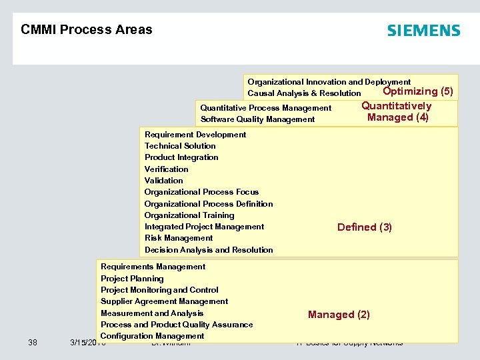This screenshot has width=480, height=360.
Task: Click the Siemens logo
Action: tap(423, 31)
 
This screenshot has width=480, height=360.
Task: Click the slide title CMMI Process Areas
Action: tap(86, 29)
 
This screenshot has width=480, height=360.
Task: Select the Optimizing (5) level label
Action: tap(418, 91)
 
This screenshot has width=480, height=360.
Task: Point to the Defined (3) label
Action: tap(364, 227)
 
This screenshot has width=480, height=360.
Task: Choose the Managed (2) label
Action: tap(339, 315)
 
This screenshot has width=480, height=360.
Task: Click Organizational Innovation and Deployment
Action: tap(329, 82)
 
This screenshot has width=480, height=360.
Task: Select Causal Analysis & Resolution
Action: tap(303, 93)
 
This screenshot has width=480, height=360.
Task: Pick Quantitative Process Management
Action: tap(265, 108)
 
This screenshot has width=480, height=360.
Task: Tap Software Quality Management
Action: tap(257, 119)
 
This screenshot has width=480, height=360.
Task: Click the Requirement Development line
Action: tap(195, 135)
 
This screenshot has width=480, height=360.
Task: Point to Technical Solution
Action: tap(180, 146)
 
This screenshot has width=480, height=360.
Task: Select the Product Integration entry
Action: tap(181, 157)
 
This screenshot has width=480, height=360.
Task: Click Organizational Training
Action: tap(189, 215)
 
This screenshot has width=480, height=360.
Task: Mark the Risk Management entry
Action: tap(179, 238)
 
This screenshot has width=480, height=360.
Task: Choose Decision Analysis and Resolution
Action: tap(209, 250)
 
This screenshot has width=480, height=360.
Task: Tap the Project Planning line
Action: tap(132, 279)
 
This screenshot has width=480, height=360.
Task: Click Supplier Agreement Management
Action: tap(164, 301)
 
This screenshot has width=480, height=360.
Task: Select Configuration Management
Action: tap(152, 336)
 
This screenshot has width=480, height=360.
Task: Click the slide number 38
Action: tap(33, 343)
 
